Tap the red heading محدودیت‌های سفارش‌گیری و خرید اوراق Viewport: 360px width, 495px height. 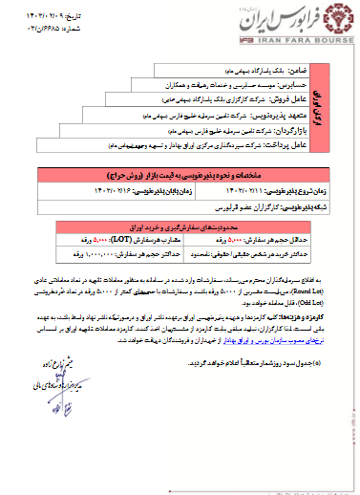[x=221, y=226]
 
